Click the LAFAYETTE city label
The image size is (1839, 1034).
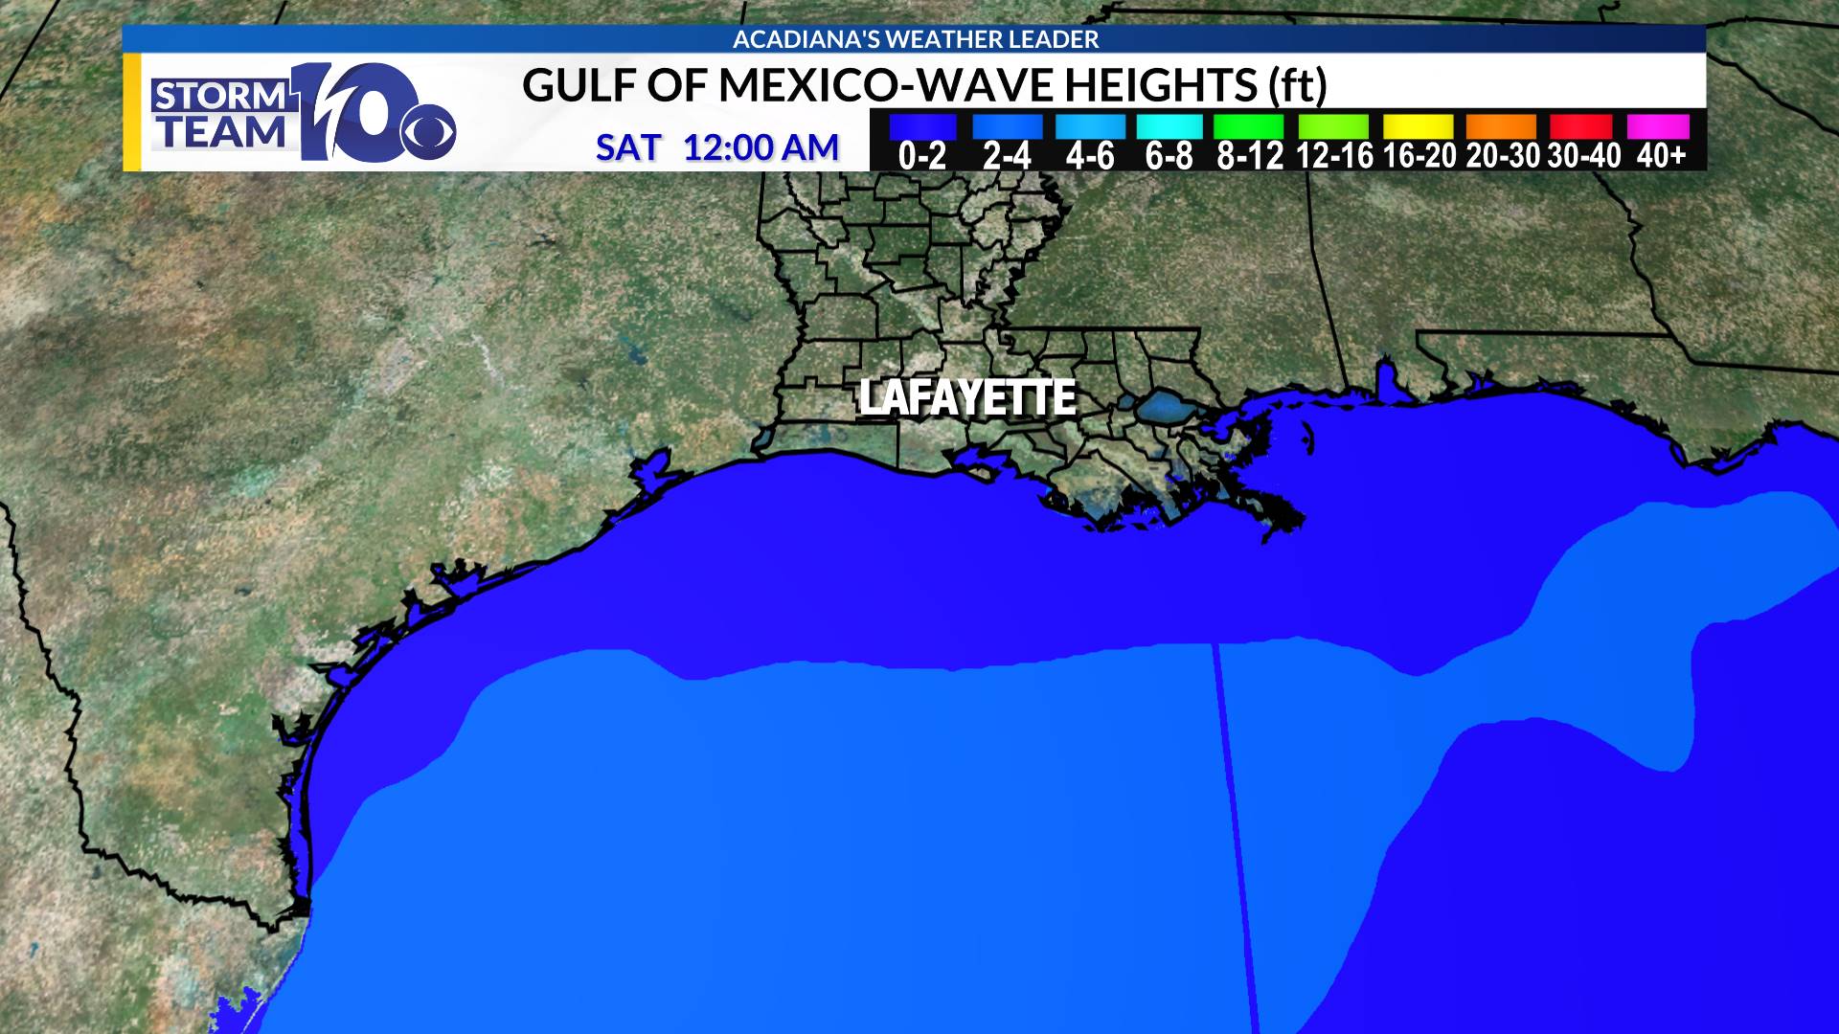tap(967, 398)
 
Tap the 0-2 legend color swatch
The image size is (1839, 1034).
tap(922, 127)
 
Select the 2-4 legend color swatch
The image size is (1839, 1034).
tap(1007, 127)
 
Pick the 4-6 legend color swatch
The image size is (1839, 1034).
tap(1090, 127)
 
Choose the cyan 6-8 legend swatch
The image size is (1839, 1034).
tap(1169, 127)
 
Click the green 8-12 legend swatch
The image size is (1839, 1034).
tap(1248, 127)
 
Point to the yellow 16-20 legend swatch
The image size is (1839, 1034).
tap(1418, 127)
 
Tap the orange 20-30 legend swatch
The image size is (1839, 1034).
tap(1501, 127)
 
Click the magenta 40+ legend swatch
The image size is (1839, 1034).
tap(1658, 127)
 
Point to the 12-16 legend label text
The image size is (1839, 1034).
tap(1334, 155)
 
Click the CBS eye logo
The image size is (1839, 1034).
tap(427, 132)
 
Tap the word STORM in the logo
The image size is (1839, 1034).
tap(220, 97)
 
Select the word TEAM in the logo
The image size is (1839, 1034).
tap(222, 133)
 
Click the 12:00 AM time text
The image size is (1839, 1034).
tap(761, 147)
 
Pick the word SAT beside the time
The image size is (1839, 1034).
tap(628, 147)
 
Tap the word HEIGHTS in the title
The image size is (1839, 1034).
tap(1160, 85)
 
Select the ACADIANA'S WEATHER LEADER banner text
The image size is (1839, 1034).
tap(916, 39)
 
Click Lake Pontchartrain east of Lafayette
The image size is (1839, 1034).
tap(1162, 406)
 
